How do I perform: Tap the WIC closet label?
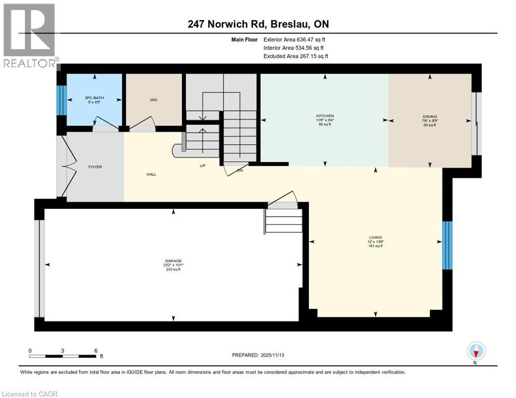point(154,100)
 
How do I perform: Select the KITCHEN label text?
point(325,116)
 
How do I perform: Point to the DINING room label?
point(429,117)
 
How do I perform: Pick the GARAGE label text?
point(174,261)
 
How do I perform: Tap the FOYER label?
point(95,167)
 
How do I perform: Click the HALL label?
point(151,174)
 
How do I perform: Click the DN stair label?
point(240,169)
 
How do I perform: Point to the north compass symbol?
point(476,351)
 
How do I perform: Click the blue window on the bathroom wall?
point(61,99)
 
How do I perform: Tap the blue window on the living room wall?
point(447,246)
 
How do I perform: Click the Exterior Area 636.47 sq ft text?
point(294,39)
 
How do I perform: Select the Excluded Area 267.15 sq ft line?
point(295,56)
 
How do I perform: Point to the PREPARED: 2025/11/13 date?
point(258,355)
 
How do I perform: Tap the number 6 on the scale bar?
point(96,350)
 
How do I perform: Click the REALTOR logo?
point(30,36)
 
